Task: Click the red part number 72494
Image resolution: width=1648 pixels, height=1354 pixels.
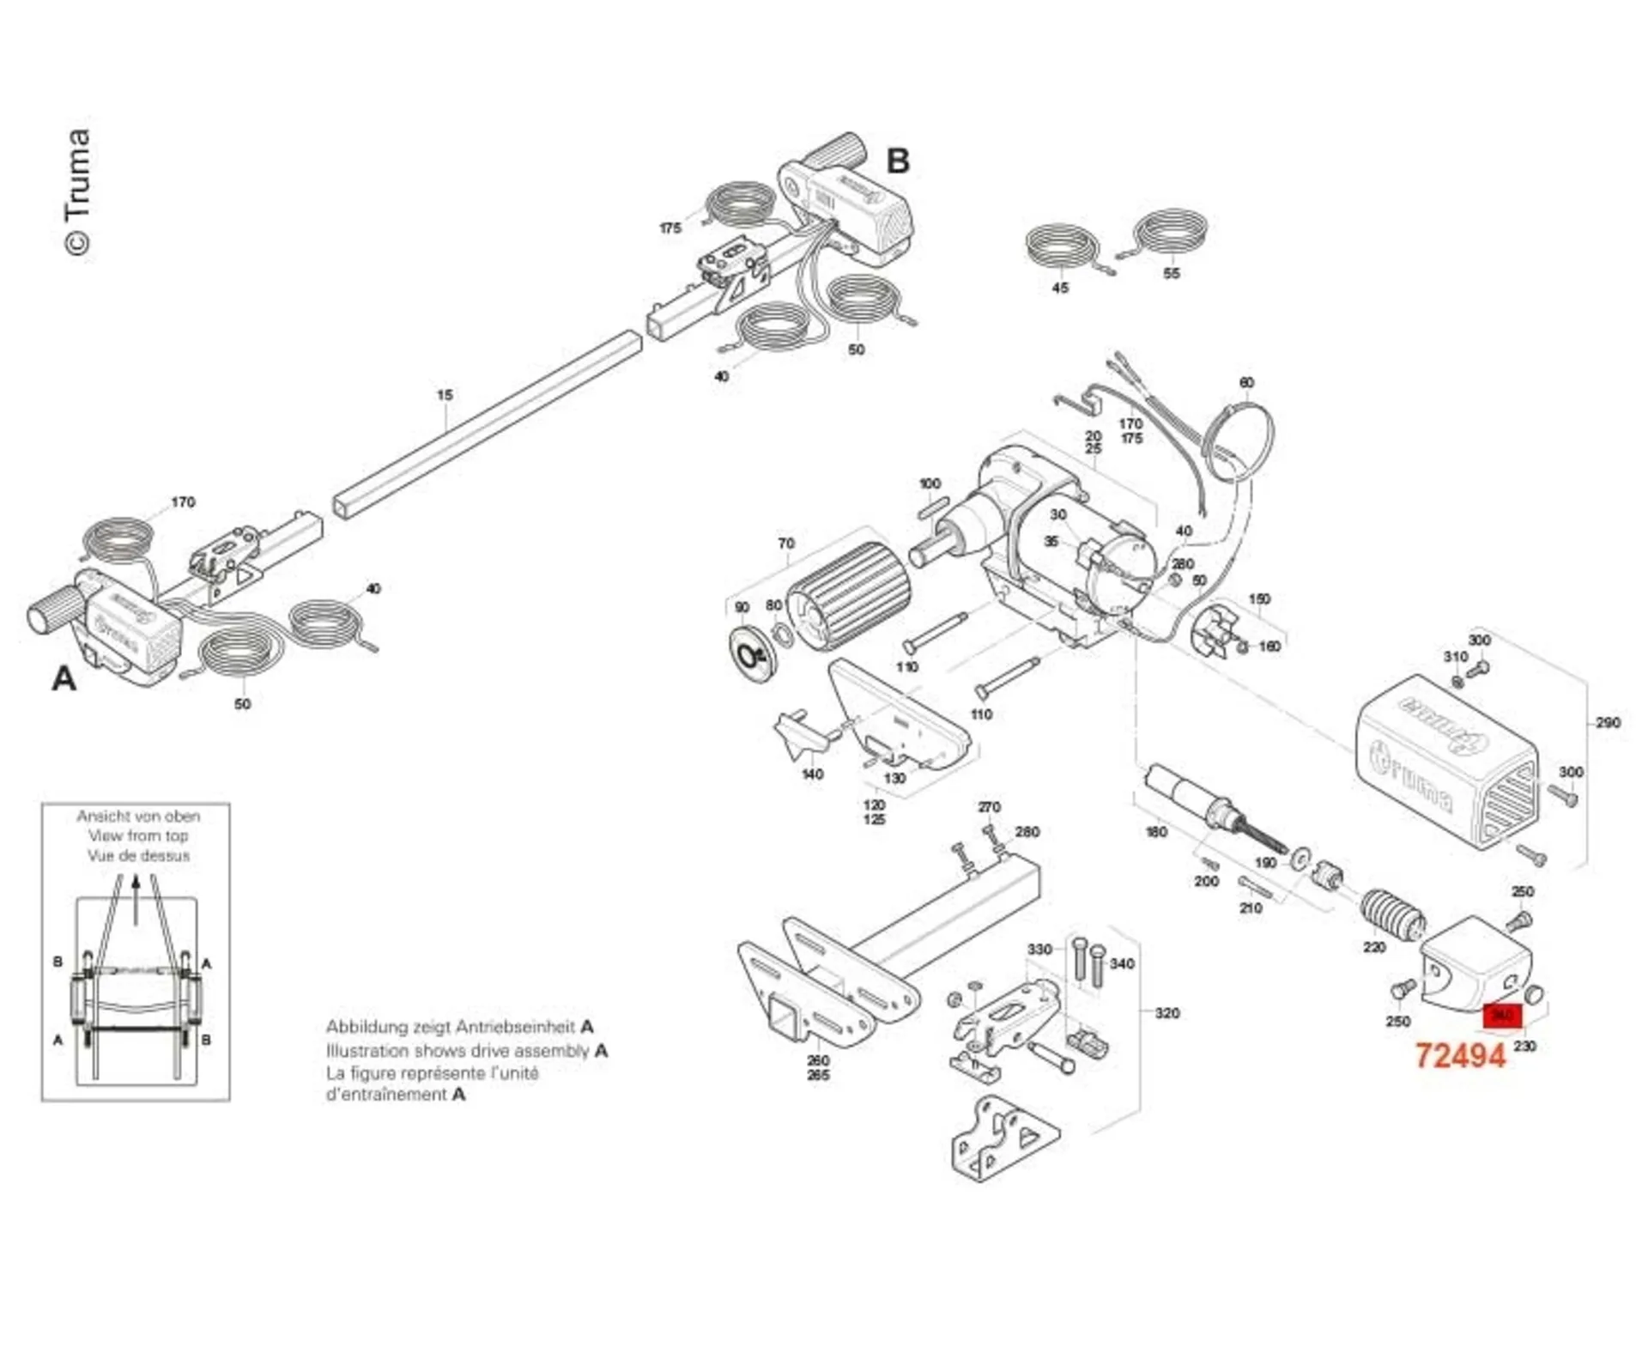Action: [1460, 1055]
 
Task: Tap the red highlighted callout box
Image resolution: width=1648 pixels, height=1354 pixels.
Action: [1502, 1016]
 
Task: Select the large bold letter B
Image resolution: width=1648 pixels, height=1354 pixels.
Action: [897, 161]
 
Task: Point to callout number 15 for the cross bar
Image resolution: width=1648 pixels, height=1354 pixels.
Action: [444, 395]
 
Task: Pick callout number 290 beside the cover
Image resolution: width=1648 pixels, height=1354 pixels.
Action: [1608, 723]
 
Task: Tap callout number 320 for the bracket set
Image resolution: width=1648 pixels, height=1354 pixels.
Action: [1166, 1013]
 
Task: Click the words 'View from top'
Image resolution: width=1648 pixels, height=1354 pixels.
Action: [138, 835]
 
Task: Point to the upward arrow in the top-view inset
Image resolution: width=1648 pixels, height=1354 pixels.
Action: [136, 897]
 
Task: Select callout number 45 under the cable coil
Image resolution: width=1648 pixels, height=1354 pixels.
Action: [1060, 288]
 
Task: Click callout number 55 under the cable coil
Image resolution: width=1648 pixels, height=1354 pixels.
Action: [1171, 273]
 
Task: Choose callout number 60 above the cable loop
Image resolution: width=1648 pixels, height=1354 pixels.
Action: [1246, 383]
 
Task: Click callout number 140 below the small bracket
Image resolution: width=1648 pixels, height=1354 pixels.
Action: [812, 774]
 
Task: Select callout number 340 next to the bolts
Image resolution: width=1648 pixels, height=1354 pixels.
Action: [1122, 963]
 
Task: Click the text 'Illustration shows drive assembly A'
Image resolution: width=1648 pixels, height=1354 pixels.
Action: [466, 1050]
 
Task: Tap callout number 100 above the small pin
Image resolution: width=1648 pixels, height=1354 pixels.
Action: [930, 483]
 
